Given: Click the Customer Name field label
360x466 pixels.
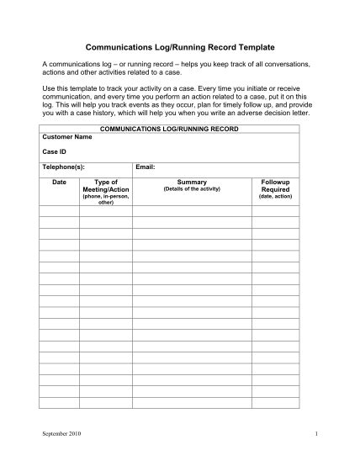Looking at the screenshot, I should pyautogui.click(x=67, y=135).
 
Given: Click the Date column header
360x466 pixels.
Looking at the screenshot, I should pyautogui.click(x=59, y=182).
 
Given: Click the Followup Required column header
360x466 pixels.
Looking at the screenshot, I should pyautogui.click(x=276, y=185).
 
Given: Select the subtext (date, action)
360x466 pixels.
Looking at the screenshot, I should pyautogui.click(x=276, y=196).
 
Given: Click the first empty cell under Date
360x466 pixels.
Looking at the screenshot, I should pyautogui.click(x=59, y=212).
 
